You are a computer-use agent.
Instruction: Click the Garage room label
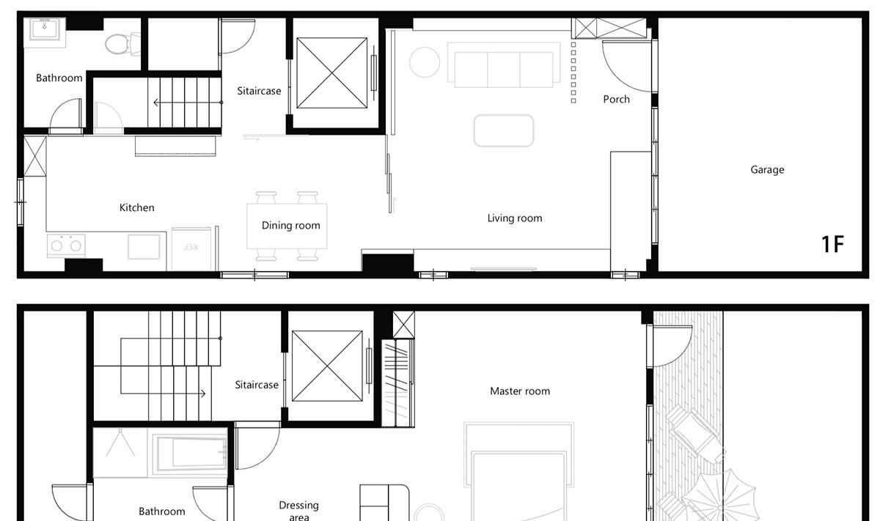pyautogui.click(x=767, y=169)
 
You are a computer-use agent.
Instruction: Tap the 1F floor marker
pyautogui.click(x=833, y=244)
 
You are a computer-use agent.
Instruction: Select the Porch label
pyautogui.click(x=617, y=100)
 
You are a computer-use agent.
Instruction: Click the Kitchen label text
pyautogui.click(x=136, y=207)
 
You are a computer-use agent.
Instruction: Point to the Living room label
pyautogui.click(x=515, y=218)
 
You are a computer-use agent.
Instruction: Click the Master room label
pyautogui.click(x=520, y=391)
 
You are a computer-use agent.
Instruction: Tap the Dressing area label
pyautogui.click(x=299, y=511)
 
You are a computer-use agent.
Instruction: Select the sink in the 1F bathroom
pyautogui.click(x=45, y=29)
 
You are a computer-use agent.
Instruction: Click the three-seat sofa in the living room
pyautogui.click(x=504, y=64)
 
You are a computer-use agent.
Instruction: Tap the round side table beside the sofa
pyautogui.click(x=425, y=62)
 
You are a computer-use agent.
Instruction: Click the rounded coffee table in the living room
pyautogui.click(x=504, y=130)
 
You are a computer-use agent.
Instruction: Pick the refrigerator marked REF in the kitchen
pyautogui.click(x=191, y=249)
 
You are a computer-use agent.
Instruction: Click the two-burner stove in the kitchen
pyautogui.click(x=66, y=245)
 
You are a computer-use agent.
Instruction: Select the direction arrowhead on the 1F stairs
pyautogui.click(x=156, y=103)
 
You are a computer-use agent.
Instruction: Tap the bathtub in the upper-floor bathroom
pyautogui.click(x=191, y=453)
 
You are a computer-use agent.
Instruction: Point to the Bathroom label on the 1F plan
pyautogui.click(x=59, y=78)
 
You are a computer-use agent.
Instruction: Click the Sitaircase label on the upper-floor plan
pyautogui.click(x=257, y=385)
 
